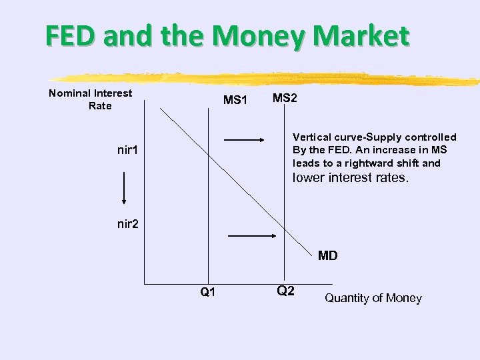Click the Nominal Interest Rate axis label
(91, 99)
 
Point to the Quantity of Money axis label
(373, 298)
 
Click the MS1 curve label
(235, 101)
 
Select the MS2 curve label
(285, 98)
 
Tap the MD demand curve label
(327, 255)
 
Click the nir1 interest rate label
(127, 150)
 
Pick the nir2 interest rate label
(127, 224)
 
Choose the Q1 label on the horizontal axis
(207, 292)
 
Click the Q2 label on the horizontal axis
(285, 291)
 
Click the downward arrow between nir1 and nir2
(124, 189)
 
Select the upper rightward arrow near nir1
(245, 140)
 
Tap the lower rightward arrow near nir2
(252, 235)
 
